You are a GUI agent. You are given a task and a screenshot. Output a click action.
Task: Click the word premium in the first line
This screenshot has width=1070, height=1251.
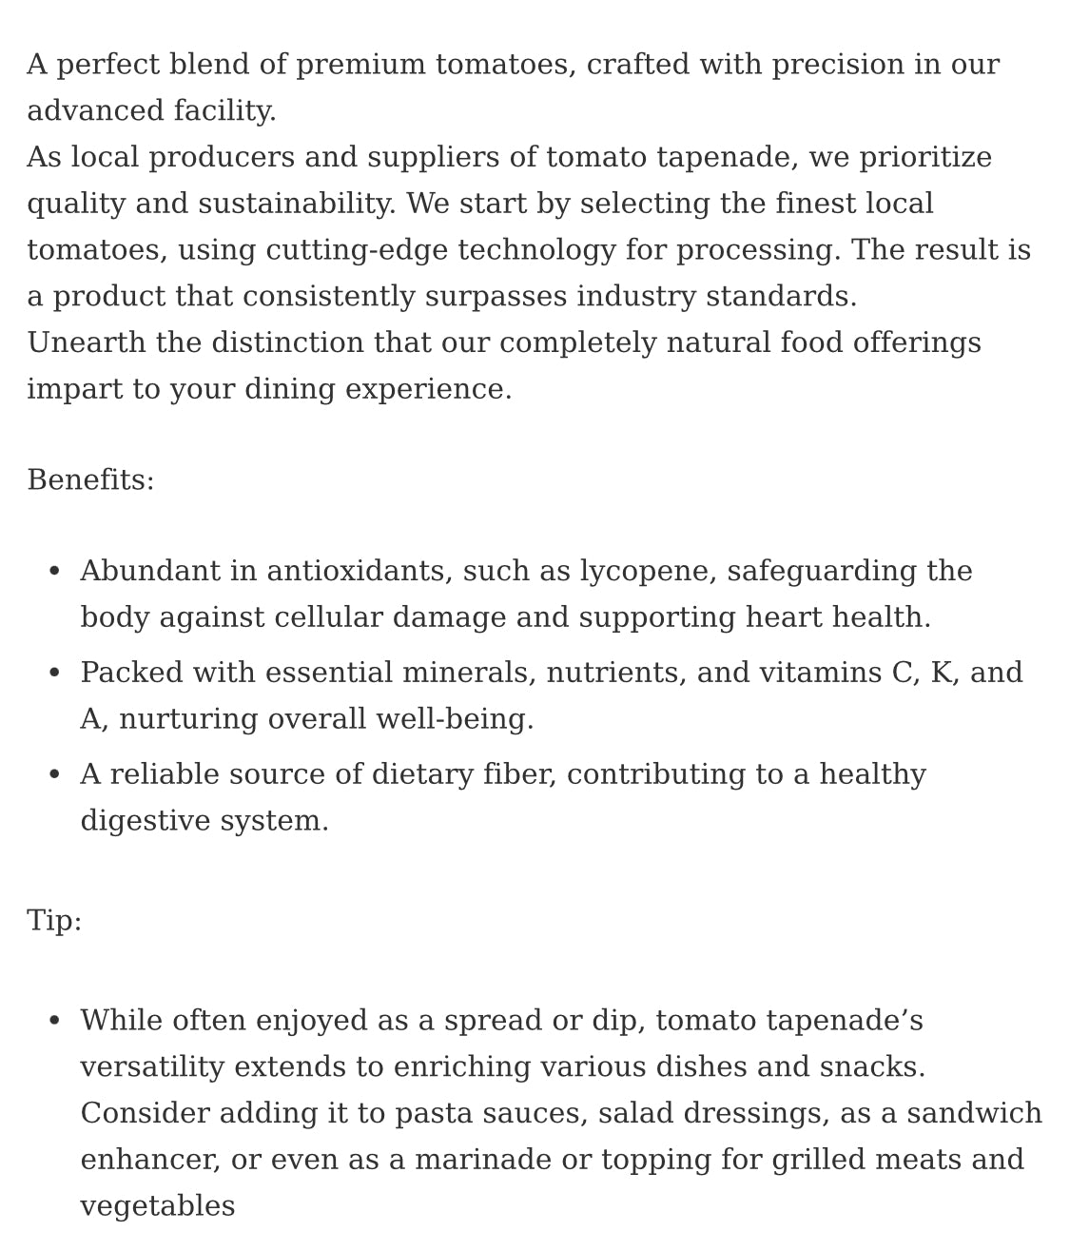coord(360,66)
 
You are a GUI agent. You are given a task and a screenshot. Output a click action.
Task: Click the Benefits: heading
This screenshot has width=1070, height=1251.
coord(90,480)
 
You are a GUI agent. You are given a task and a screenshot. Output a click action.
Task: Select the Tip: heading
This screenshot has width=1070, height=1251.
coord(54,921)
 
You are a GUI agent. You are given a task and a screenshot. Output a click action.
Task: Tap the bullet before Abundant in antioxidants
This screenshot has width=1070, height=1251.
coord(54,572)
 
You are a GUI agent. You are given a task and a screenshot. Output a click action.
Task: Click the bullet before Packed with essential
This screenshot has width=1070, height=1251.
coord(54,674)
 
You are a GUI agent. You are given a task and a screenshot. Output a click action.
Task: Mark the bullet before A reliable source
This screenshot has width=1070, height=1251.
coord(54,775)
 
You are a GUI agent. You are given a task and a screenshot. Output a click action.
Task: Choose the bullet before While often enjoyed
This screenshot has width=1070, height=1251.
coord(54,1022)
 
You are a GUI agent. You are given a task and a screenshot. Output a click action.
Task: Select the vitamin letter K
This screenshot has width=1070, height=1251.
coord(941,674)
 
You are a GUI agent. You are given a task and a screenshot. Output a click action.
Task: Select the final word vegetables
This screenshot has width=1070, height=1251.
coord(157,1207)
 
